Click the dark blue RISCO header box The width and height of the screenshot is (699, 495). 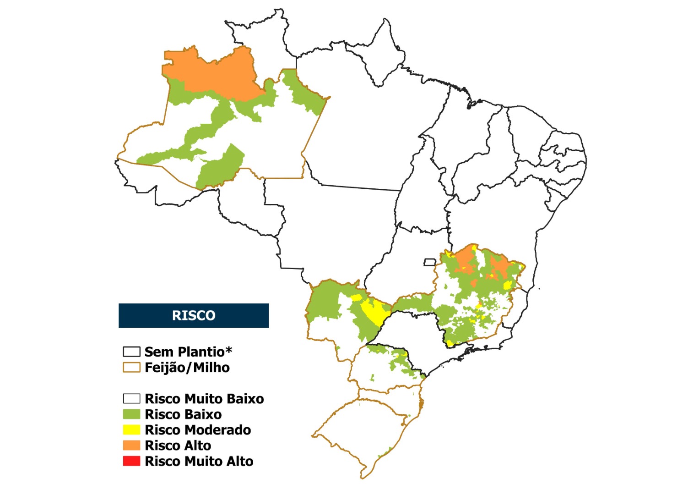point(194,315)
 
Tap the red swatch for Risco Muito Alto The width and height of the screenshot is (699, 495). point(131,461)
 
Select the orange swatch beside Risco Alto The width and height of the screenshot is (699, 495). point(131,445)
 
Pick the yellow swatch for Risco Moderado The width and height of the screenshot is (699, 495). point(131,430)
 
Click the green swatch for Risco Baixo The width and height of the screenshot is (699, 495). point(131,414)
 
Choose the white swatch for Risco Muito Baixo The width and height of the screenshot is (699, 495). point(131,399)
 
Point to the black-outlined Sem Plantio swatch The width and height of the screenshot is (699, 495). point(131,352)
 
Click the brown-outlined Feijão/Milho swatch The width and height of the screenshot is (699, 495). point(131,368)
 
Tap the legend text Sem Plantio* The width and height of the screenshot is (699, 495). point(188,352)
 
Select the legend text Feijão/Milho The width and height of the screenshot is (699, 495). point(187,368)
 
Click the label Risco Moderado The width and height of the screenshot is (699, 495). point(198,430)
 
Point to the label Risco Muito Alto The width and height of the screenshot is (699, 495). point(199,461)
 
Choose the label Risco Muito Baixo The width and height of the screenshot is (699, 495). point(204,399)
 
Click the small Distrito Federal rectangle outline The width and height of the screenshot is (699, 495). point(429,262)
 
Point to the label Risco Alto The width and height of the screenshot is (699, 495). point(178,445)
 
